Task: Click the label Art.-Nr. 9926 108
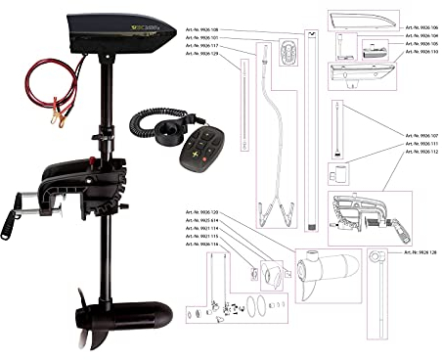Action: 201,29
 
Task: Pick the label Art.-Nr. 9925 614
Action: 201,221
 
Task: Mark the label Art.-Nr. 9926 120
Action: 201,212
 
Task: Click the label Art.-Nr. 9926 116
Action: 201,245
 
